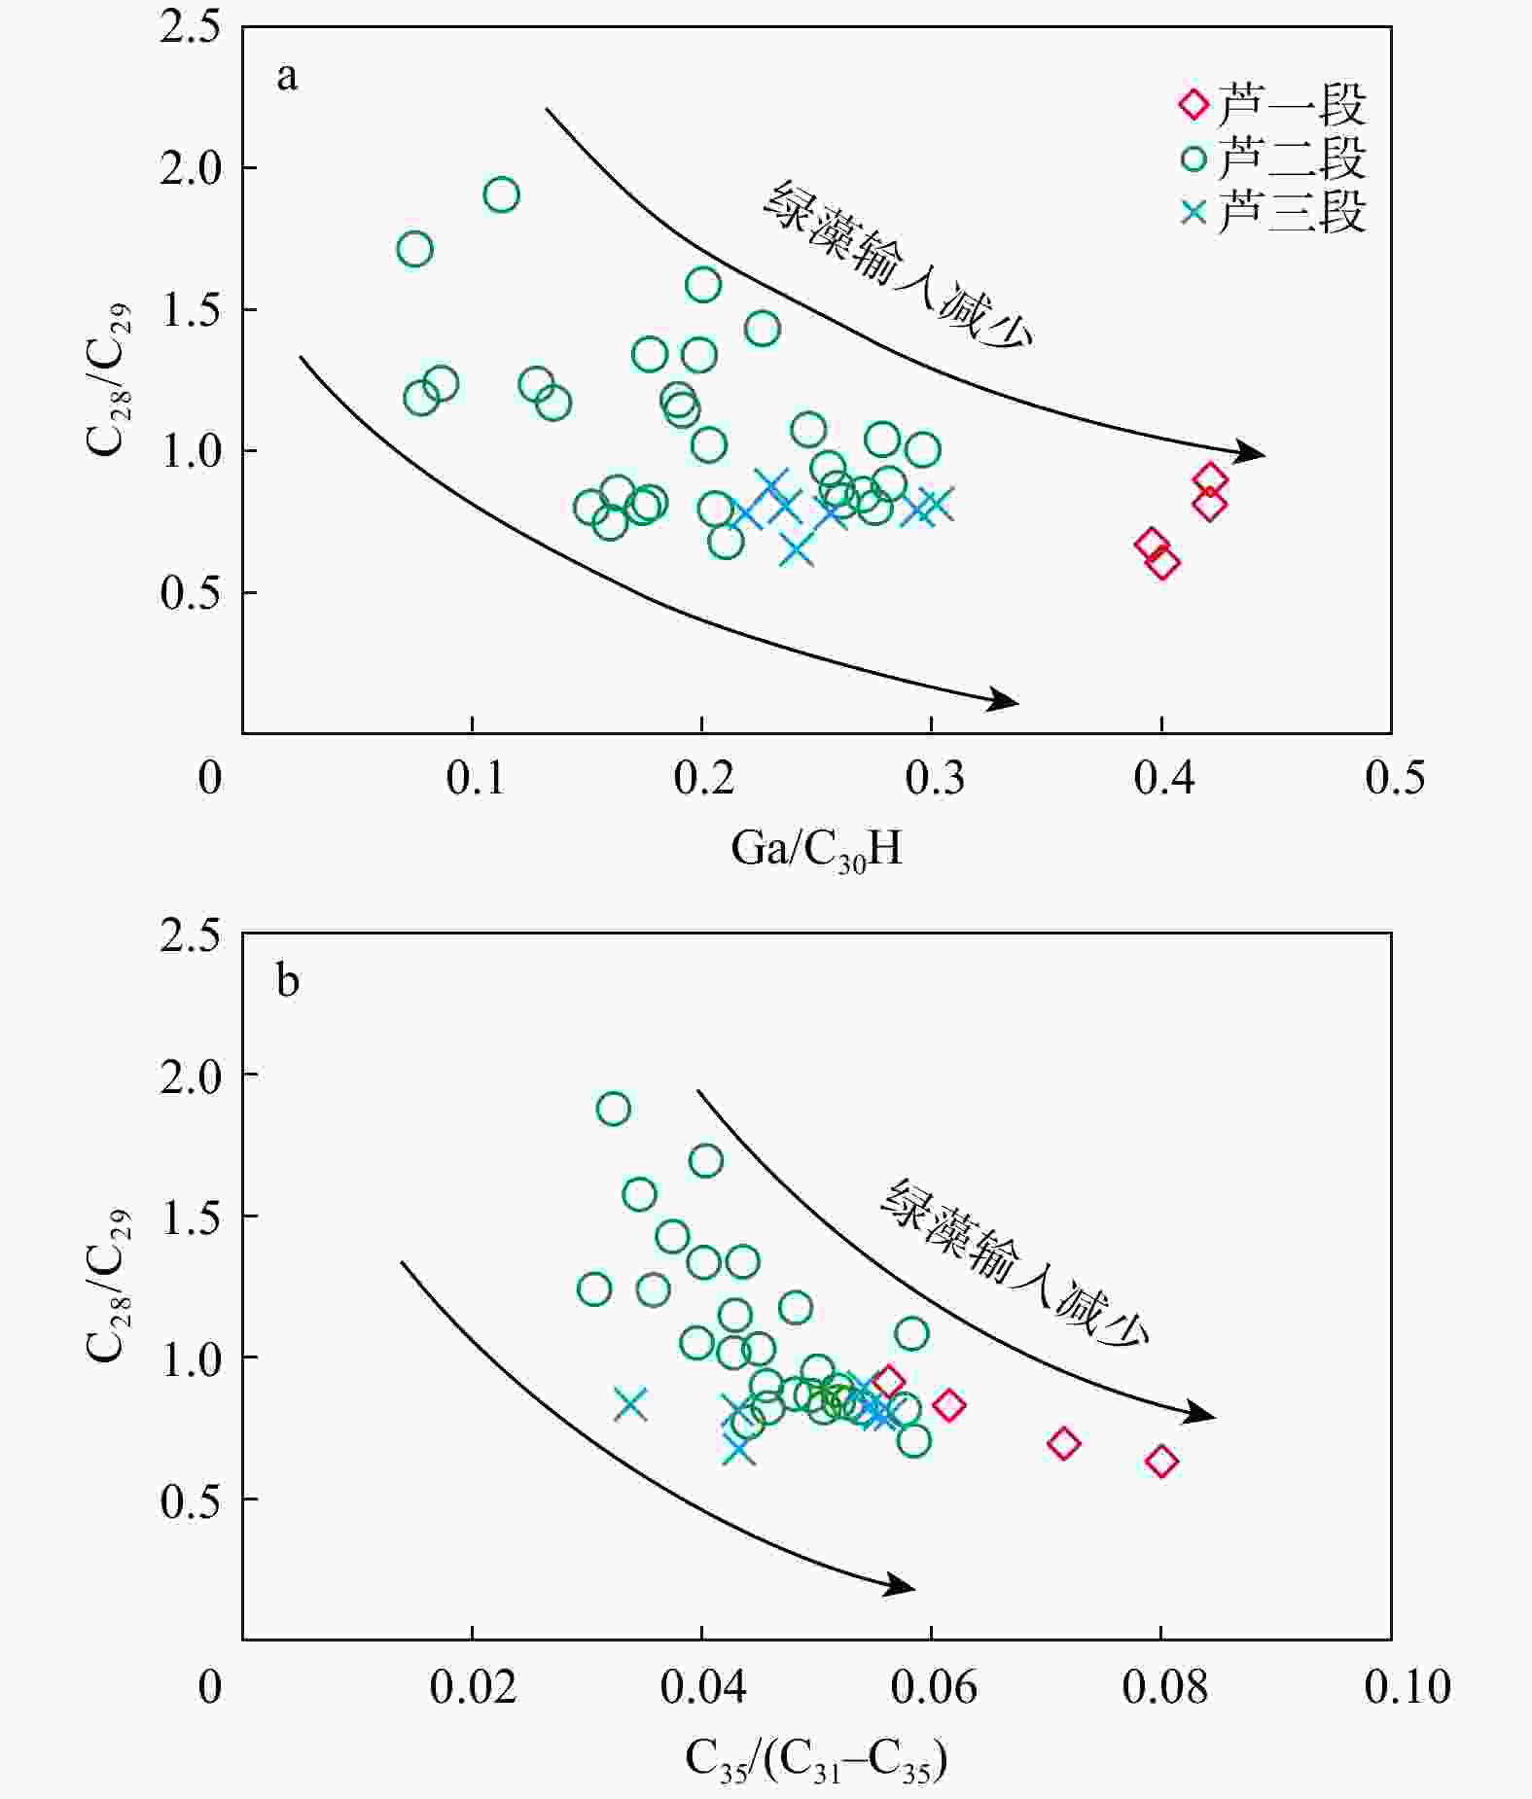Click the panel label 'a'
click(x=287, y=77)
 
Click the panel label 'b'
click(x=288, y=981)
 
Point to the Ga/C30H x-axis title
click(x=816, y=849)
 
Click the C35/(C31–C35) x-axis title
click(x=816, y=1759)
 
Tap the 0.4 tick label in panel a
click(x=1163, y=778)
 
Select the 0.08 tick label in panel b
click(x=1164, y=1687)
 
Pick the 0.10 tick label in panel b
click(x=1407, y=1687)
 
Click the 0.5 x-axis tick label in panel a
click(x=1395, y=778)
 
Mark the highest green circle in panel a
click(x=501, y=195)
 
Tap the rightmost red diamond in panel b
click(x=1161, y=1461)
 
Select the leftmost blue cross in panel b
click(x=631, y=1404)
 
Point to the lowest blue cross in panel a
click(x=797, y=550)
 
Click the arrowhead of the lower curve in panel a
click(x=1007, y=700)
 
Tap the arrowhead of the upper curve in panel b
click(x=1204, y=1415)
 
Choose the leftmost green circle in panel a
click(x=415, y=250)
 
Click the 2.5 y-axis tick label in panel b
click(x=191, y=935)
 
